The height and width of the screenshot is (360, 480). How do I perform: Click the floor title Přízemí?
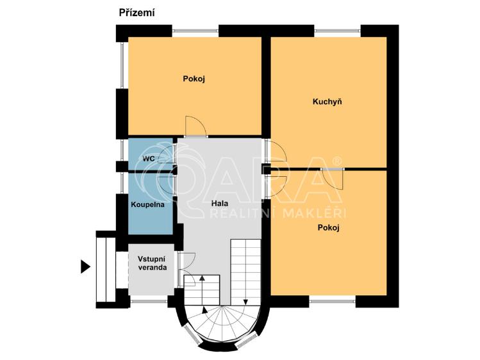pyautogui.click(x=137, y=12)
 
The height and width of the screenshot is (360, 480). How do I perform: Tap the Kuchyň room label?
pyautogui.click(x=327, y=102)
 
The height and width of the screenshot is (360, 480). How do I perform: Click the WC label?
pyautogui.click(x=147, y=158)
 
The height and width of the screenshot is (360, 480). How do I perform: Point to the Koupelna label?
pyautogui.click(x=147, y=205)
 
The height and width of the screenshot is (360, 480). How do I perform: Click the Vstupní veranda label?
pyautogui.click(x=152, y=263)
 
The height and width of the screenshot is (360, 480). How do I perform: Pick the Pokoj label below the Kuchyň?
pyautogui.click(x=327, y=227)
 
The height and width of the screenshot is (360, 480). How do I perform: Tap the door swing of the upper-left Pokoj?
pyautogui.click(x=196, y=127)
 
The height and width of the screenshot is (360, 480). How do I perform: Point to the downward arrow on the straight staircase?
pyautogui.click(x=245, y=300)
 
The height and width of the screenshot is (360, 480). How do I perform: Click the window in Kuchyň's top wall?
pyautogui.click(x=337, y=29)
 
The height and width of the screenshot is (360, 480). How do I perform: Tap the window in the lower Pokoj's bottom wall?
pyautogui.click(x=332, y=299)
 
